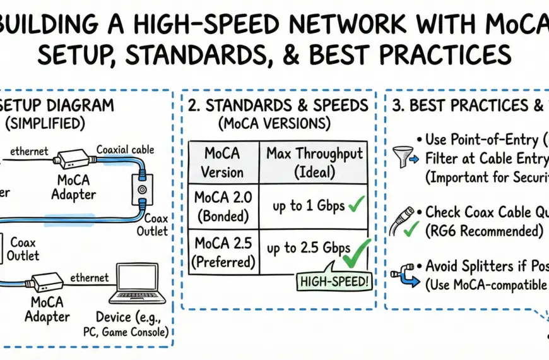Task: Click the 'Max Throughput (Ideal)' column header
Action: point(315,162)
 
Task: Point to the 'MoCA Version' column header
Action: point(223,162)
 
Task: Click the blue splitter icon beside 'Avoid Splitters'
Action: point(401,273)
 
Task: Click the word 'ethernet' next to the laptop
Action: point(88,277)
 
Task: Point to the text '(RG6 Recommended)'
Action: point(484,231)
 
